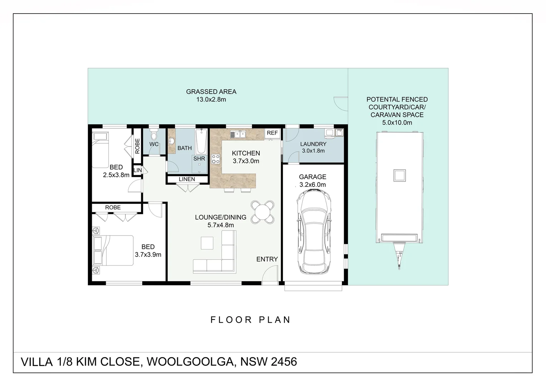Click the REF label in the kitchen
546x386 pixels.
coord(272,133)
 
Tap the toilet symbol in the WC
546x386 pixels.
coord(154,135)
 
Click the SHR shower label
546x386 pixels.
coord(199,159)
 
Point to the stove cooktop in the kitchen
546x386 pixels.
coord(215,159)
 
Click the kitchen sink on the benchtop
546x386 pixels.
coord(238,134)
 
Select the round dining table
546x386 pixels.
coord(263,212)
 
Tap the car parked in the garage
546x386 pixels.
coord(313,232)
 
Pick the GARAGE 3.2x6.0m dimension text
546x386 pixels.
coord(313,185)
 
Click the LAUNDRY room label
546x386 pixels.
coord(313,144)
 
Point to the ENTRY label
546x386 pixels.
coord(267,259)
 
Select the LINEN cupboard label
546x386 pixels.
coord(187,179)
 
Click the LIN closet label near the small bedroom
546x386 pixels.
coord(138,170)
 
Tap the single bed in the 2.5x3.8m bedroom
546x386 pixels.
coord(100,150)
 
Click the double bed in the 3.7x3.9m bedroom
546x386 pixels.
coord(113,250)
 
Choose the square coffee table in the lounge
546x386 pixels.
coord(207,243)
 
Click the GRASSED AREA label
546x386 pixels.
coord(211,92)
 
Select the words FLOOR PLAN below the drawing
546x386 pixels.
coord(250,320)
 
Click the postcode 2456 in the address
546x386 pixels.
coord(284,362)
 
